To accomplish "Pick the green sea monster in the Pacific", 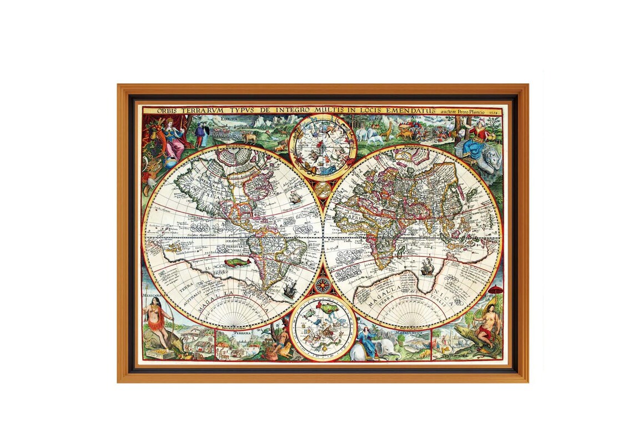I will (235, 260).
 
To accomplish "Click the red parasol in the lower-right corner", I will (496, 290).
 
